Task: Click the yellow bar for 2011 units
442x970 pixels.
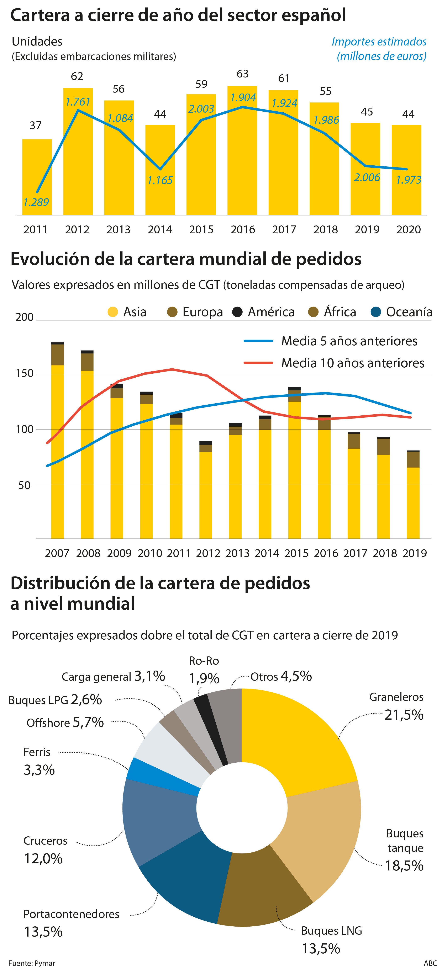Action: [x=37, y=177]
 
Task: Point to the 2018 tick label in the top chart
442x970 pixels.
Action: [x=326, y=229]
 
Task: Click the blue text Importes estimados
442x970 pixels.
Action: [x=379, y=42]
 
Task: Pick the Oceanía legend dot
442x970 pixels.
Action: [x=376, y=312]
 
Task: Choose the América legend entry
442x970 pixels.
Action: [x=264, y=312]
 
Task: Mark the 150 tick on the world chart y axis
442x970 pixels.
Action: [x=25, y=374]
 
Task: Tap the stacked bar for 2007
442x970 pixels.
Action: [x=57, y=441]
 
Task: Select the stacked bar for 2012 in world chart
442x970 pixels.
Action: [x=205, y=490]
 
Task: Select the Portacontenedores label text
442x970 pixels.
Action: [x=71, y=914]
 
